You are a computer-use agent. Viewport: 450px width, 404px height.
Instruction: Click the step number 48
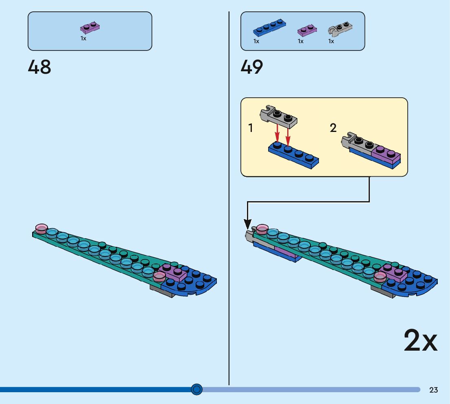click(x=39, y=67)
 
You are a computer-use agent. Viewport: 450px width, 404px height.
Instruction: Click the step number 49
click(x=252, y=67)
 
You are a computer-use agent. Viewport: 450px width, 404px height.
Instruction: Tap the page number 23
click(x=433, y=390)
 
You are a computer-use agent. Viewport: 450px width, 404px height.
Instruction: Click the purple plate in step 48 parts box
click(x=90, y=28)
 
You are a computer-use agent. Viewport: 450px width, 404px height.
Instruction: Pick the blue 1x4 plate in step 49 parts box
click(x=269, y=28)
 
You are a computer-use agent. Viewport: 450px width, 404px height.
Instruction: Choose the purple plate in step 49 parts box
click(x=307, y=30)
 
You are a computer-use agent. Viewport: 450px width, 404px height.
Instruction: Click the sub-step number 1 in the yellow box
click(x=251, y=128)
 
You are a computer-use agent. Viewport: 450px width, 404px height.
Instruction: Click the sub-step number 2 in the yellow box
click(x=333, y=128)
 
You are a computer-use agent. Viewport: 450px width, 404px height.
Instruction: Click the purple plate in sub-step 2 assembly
click(x=386, y=154)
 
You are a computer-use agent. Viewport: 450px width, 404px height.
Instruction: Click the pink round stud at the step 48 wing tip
click(x=42, y=228)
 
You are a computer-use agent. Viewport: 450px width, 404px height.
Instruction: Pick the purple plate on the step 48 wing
click(x=173, y=272)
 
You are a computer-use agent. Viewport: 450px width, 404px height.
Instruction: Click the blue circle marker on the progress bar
click(x=197, y=390)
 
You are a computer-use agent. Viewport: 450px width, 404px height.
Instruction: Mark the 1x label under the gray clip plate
click(x=331, y=41)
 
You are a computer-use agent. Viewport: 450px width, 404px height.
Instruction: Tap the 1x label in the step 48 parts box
click(x=83, y=39)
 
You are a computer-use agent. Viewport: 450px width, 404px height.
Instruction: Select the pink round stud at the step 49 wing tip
click(x=262, y=228)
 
